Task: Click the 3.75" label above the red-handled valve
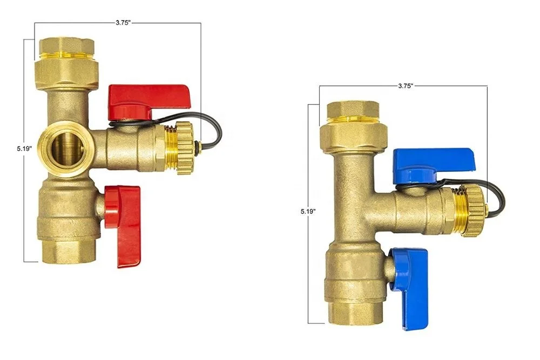(123, 23)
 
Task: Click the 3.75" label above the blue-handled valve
(406, 86)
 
